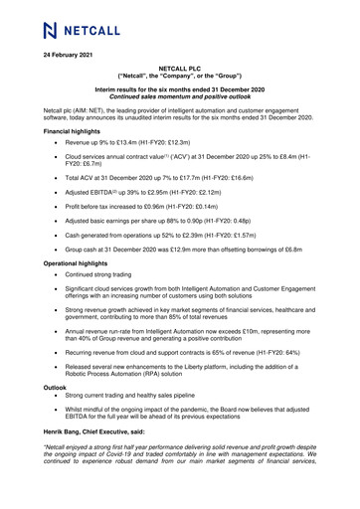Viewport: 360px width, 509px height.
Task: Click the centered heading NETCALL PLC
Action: (179, 69)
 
